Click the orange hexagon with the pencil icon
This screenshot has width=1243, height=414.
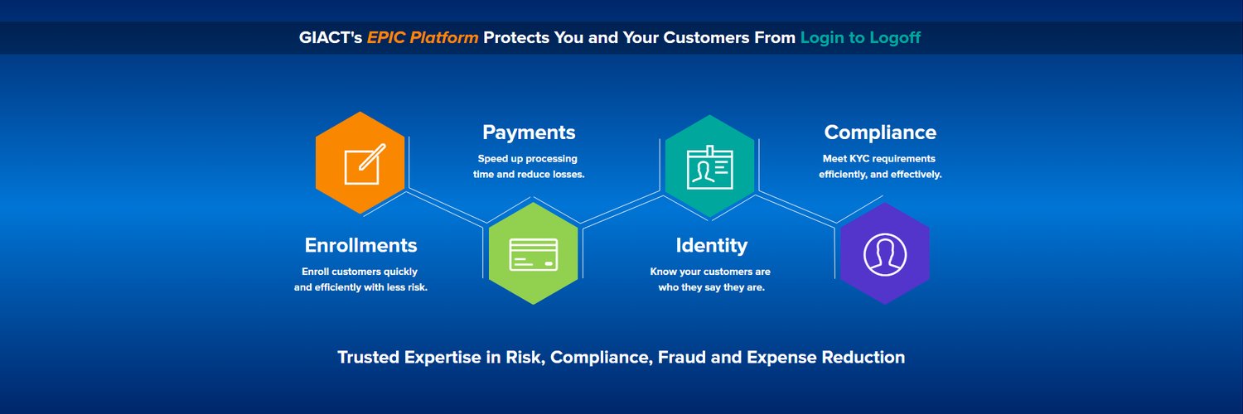(x=360, y=163)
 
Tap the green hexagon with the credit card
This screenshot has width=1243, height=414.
(x=534, y=254)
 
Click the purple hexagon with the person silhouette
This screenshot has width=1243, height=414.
(x=885, y=254)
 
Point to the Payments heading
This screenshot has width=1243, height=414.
(x=529, y=132)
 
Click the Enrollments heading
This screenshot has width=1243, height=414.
(x=360, y=245)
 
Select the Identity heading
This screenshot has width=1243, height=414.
(x=711, y=246)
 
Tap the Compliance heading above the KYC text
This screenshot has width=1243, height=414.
(x=880, y=132)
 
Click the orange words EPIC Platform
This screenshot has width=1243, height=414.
(x=423, y=38)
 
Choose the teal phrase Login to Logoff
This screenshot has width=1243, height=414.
(x=860, y=38)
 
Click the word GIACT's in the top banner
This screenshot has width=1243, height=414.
(x=330, y=38)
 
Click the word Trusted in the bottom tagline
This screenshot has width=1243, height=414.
(x=369, y=357)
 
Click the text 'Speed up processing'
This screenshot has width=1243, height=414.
(x=527, y=159)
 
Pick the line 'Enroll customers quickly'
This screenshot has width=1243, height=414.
(x=360, y=272)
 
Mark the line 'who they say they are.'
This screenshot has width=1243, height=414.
(x=711, y=287)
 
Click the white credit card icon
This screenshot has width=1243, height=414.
(x=534, y=255)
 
